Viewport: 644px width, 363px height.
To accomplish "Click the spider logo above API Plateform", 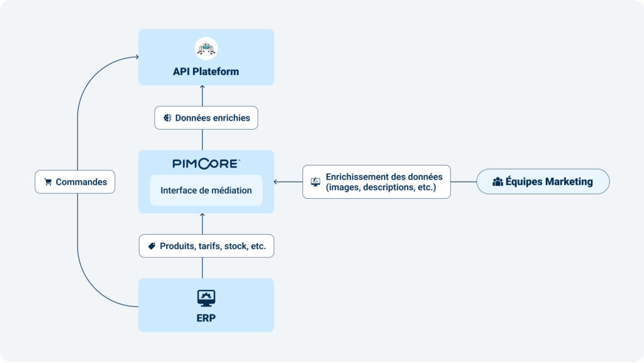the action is click(206, 48).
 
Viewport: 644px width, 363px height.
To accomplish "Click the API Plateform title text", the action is click(206, 72).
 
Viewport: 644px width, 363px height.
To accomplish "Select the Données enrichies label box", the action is click(206, 118).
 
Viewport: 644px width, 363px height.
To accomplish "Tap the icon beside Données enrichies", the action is click(167, 118).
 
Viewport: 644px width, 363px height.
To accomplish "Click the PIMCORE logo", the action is click(206, 164).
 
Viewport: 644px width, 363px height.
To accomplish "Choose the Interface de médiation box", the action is click(206, 190).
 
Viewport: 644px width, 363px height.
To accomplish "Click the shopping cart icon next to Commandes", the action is click(48, 182).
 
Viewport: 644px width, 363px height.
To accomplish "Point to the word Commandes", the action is click(81, 182).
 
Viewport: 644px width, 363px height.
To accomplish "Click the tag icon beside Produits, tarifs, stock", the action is click(152, 246).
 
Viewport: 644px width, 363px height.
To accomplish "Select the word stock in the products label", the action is click(235, 246).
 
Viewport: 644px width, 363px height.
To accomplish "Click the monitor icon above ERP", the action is click(206, 298).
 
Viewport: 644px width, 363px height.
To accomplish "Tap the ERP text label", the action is click(206, 318).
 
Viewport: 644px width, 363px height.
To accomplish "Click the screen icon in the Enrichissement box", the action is click(316, 181).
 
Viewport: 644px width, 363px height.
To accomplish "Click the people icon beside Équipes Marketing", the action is click(498, 181).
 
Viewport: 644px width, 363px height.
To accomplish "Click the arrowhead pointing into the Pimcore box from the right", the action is click(275, 181).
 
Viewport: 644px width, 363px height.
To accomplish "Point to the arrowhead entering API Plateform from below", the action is click(202, 87).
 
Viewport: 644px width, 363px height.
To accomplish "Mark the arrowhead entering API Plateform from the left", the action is click(136, 57).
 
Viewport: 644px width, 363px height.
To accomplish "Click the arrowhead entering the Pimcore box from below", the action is click(202, 215).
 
